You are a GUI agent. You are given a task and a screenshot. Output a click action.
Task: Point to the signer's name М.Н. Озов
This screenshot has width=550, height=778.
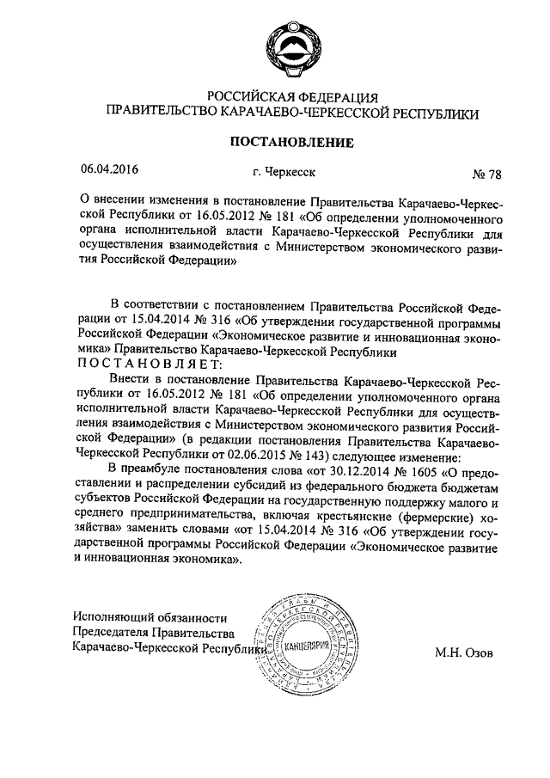(x=464, y=651)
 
